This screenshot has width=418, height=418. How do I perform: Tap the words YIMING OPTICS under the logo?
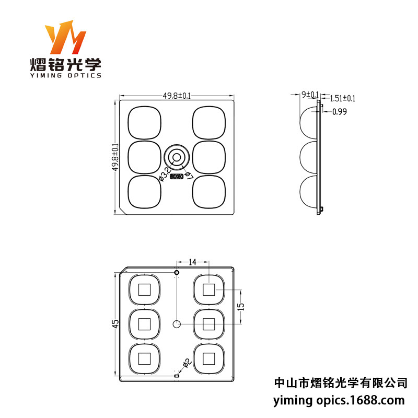[65, 75]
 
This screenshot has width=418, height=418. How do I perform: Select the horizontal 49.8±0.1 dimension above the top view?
[177, 96]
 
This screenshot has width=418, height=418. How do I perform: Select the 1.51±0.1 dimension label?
[343, 98]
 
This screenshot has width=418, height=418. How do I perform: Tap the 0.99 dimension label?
[340, 111]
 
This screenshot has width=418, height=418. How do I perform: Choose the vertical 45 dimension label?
[116, 324]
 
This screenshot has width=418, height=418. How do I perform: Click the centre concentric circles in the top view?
[177, 157]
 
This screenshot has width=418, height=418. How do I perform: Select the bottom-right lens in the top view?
[209, 191]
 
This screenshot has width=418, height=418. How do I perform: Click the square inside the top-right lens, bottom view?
[209, 289]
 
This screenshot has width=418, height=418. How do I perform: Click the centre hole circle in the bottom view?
[177, 324]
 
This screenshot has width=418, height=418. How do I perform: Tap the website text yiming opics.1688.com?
[340, 401]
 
